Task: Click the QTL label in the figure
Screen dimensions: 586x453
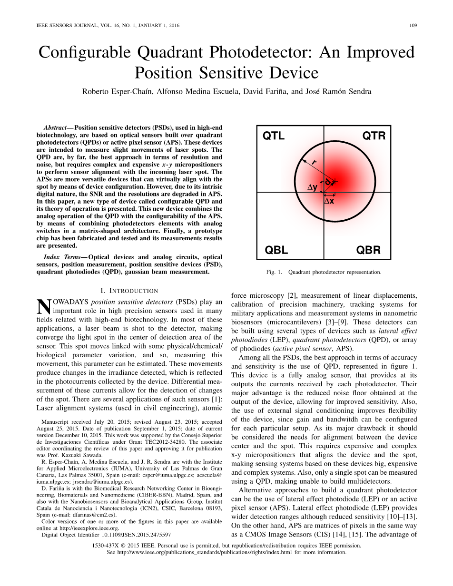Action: click(274, 136)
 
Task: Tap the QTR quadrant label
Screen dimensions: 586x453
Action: click(374, 136)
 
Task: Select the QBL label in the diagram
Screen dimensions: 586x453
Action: click(276, 250)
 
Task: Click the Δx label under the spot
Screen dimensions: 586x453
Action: click(329, 201)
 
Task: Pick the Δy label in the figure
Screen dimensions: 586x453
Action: click(313, 187)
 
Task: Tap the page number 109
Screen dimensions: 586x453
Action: click(413, 25)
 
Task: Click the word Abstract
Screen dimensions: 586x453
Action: click(55, 128)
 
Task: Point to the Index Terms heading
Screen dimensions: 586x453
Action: click(62, 257)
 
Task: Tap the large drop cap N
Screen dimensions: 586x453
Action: click(43, 307)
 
